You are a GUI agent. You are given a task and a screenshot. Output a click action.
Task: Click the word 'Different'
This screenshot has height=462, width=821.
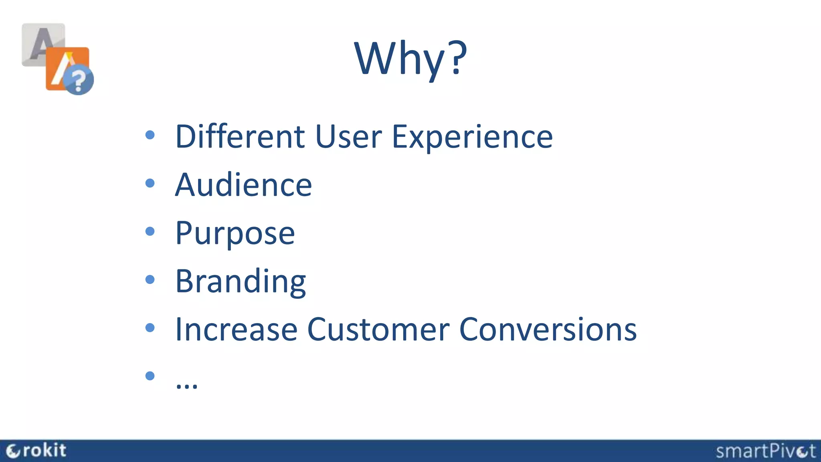click(240, 137)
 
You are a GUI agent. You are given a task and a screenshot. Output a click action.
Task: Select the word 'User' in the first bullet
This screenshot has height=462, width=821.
click(348, 137)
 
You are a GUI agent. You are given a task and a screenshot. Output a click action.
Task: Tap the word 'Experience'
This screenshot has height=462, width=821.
click(472, 138)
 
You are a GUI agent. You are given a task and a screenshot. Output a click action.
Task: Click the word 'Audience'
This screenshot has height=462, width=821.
click(243, 185)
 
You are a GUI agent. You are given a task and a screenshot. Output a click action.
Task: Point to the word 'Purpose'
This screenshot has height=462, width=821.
click(235, 233)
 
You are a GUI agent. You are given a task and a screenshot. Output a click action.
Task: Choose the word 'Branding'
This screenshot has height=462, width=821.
click(241, 282)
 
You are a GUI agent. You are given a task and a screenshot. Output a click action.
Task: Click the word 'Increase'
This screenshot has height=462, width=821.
click(236, 330)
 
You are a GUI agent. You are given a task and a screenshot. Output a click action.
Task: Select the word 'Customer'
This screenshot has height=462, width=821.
click(378, 330)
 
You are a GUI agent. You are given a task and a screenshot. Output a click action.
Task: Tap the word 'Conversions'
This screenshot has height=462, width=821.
click(548, 330)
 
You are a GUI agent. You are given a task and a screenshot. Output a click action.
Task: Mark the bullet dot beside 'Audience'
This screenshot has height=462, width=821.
click(150, 183)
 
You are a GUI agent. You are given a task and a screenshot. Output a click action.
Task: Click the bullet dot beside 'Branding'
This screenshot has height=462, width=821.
click(150, 280)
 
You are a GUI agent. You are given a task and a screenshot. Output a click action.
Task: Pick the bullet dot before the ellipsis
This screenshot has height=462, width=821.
click(150, 376)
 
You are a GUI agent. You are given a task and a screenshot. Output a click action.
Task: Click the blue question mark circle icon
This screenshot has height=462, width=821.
click(79, 80)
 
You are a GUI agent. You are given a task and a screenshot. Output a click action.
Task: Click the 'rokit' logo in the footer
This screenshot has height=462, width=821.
click(37, 451)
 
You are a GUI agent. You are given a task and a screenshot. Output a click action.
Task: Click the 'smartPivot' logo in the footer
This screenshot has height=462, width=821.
click(766, 451)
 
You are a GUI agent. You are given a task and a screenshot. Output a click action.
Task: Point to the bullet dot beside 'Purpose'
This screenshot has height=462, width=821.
click(150, 231)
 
